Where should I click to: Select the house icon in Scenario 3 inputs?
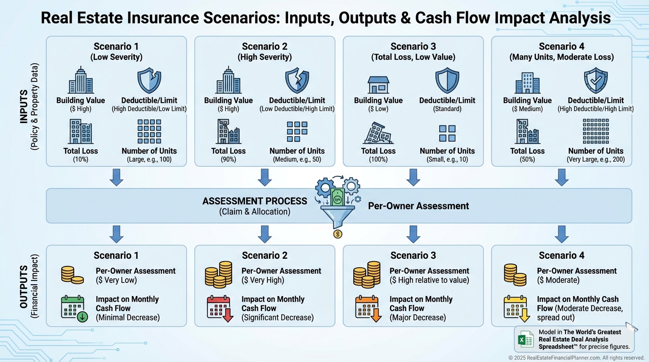[378, 84]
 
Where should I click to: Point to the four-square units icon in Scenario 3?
[447, 133]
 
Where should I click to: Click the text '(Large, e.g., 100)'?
[149, 160]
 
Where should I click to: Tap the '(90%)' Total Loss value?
[228, 160]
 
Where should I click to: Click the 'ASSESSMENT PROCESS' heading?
[255, 201]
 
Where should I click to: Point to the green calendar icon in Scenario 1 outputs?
[73, 309]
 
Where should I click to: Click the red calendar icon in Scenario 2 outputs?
[220, 309]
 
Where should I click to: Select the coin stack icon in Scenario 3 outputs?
[367, 274]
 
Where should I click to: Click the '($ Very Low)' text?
[116, 280]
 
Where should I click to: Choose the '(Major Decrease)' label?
[417, 317]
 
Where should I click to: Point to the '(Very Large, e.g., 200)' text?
[596, 160]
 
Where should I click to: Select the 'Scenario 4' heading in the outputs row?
[561, 255]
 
